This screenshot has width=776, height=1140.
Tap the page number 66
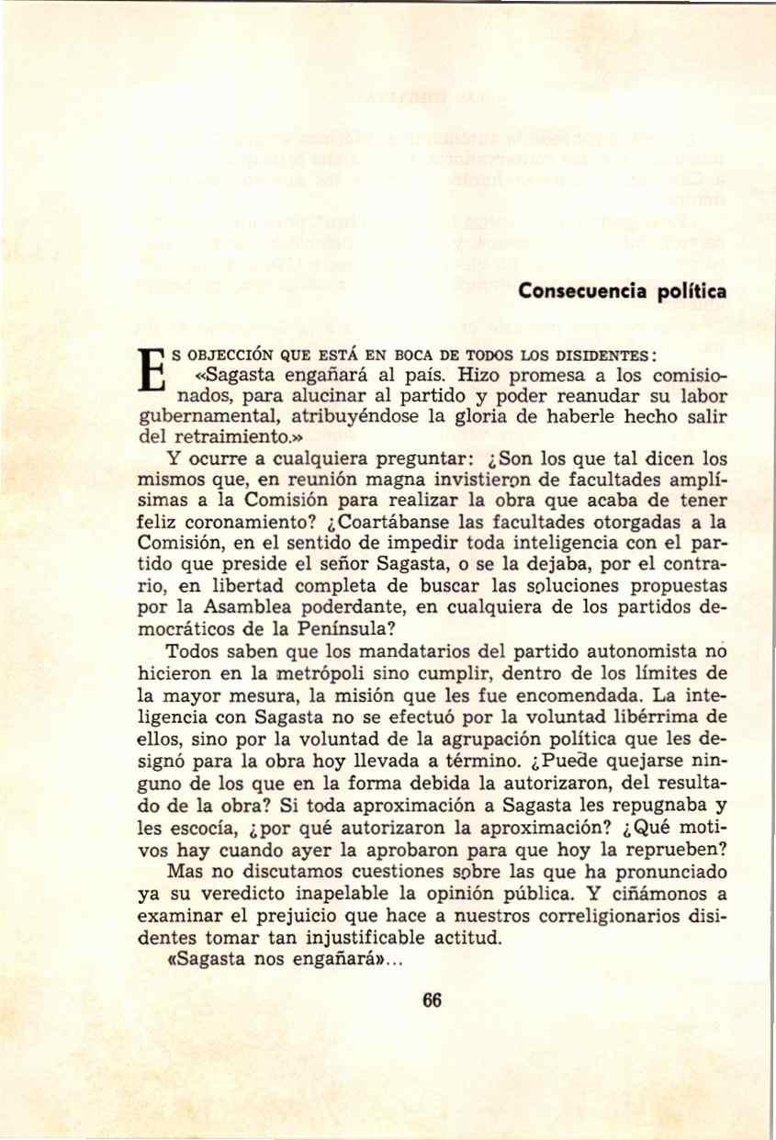tap(432, 1001)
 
